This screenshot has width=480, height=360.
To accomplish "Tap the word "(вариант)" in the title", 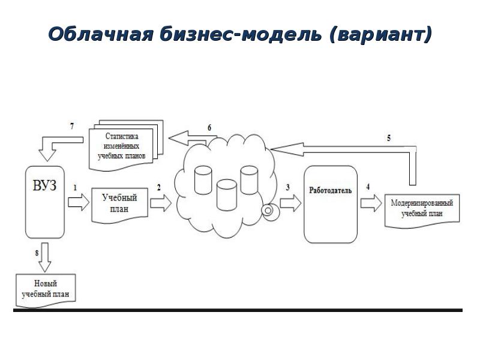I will (x=380, y=34).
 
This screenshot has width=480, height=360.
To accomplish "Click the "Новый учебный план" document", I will (x=46, y=289).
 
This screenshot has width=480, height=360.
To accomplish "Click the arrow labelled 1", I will (x=76, y=202).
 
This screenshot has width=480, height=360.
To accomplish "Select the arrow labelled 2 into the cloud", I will (x=160, y=203).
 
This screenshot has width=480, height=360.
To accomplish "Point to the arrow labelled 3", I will (x=290, y=203).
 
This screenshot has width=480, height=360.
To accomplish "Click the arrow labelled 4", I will (x=370, y=203).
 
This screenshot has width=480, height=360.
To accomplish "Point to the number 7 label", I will (x=72, y=126).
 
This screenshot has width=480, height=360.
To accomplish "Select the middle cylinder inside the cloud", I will (x=226, y=193).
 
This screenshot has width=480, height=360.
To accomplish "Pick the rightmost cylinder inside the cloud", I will (x=248, y=178).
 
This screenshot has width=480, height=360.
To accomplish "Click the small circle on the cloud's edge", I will (x=268, y=210).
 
